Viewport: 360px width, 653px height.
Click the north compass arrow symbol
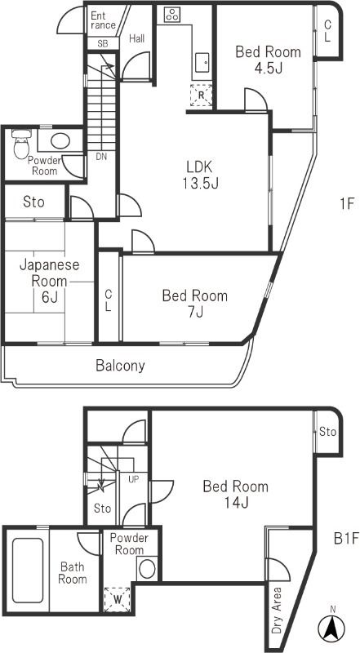332,628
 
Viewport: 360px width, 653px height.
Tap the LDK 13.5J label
199,173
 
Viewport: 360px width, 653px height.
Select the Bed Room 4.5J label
268,60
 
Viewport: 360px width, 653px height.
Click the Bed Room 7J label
194,304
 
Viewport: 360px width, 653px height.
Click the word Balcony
120,365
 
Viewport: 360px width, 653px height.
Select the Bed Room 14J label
235,494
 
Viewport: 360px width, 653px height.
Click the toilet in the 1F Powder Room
22,147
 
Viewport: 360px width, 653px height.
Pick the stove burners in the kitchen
173,14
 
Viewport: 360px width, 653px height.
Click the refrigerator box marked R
201,96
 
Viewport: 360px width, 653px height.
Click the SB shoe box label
103,43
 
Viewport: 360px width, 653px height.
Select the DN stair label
101,157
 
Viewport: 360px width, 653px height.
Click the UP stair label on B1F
132,478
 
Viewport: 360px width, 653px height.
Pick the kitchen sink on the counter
201,61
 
